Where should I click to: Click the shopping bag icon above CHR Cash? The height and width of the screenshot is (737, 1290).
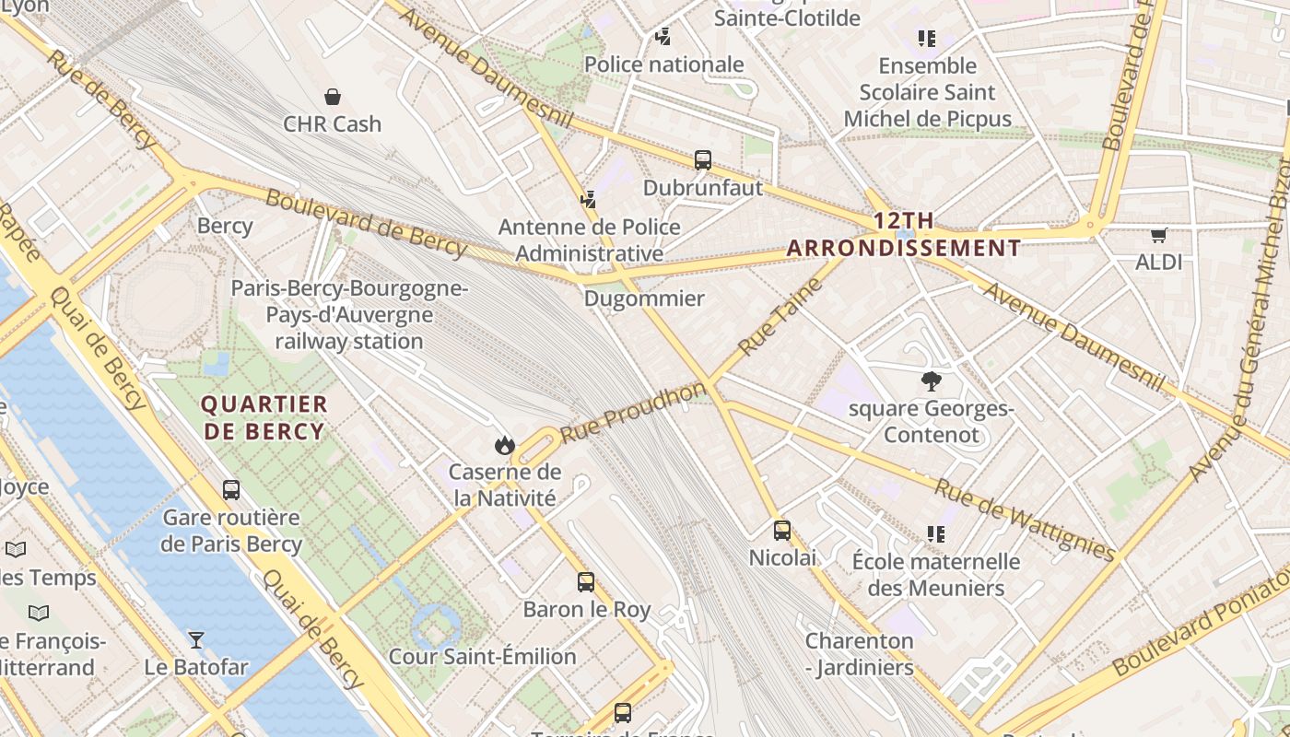(x=333, y=97)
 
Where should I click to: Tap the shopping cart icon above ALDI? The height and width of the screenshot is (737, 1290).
(x=1158, y=235)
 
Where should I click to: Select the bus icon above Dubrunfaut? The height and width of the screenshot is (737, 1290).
(x=703, y=160)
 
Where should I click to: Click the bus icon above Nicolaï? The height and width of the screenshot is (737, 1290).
(x=782, y=531)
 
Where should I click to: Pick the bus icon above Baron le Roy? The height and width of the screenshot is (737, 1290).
(x=586, y=582)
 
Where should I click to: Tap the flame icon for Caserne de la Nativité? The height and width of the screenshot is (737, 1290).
(x=504, y=446)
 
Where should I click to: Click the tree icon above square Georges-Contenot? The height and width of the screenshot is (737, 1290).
(x=932, y=380)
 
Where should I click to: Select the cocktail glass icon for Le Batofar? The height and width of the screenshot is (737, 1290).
(x=196, y=639)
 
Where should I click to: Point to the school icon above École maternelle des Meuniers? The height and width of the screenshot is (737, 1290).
(x=936, y=534)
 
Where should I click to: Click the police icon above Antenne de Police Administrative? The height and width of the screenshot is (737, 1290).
(x=589, y=199)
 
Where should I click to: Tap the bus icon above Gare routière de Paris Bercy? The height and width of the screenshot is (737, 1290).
(x=231, y=490)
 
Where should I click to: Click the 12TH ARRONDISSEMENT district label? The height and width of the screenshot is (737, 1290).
(x=904, y=235)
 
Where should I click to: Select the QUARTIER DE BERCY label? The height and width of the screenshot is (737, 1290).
(x=264, y=417)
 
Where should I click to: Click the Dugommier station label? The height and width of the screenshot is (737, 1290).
(x=644, y=298)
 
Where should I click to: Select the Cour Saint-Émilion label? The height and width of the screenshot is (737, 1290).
(x=482, y=657)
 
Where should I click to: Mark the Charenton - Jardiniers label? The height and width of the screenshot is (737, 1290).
(x=860, y=654)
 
